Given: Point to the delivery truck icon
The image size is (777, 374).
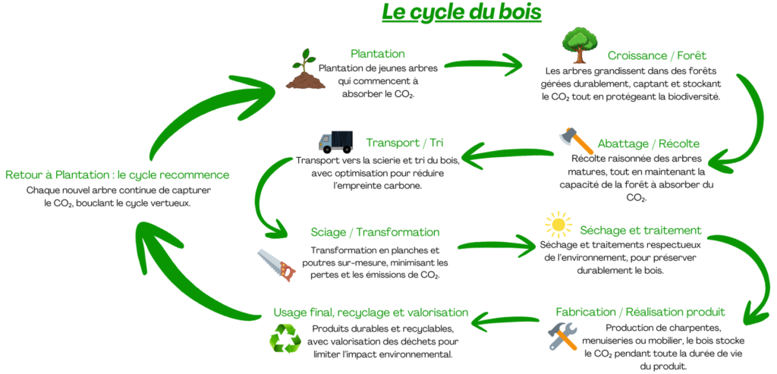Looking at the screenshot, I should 336,141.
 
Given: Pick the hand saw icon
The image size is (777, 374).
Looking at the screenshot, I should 275,266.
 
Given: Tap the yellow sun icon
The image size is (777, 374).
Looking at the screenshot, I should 558,225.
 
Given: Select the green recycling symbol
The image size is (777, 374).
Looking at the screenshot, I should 285,338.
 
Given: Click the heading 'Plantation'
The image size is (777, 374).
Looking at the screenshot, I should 377,54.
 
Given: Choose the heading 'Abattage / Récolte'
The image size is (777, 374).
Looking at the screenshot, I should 648,143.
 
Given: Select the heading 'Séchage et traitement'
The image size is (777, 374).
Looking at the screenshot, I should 640,230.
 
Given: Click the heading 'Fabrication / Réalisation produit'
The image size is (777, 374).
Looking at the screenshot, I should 640,312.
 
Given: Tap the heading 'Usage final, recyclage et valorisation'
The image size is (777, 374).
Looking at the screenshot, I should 370,313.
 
